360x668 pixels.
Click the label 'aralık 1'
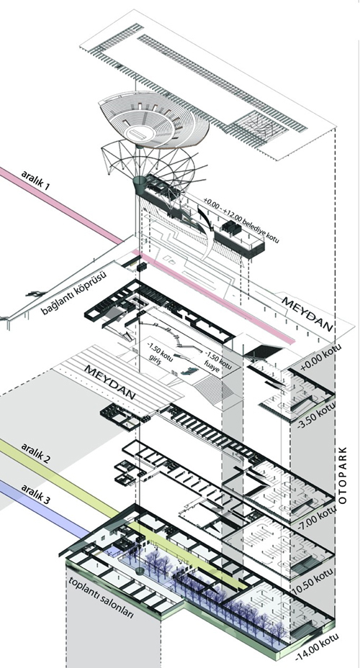click(x=36, y=180)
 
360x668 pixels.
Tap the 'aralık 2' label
click(x=36, y=453)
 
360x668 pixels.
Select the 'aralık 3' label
click(x=36, y=495)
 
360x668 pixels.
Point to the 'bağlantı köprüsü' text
click(x=73, y=293)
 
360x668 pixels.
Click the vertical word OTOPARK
click(x=343, y=475)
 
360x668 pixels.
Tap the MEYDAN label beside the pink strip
click(x=307, y=315)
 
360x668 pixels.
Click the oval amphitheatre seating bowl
click(x=153, y=119)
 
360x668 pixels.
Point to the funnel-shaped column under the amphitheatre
click(x=139, y=184)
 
